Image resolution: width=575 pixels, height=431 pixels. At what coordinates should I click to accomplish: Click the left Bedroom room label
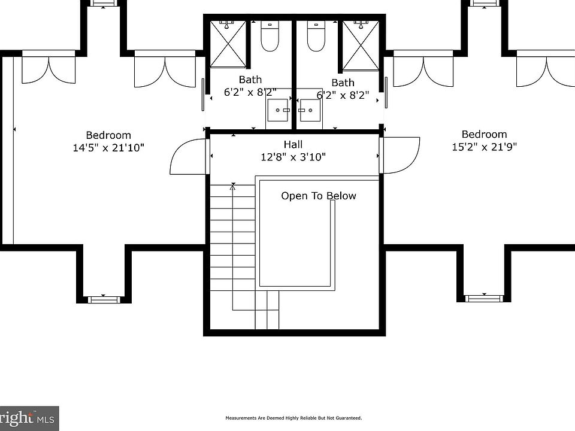(108, 135)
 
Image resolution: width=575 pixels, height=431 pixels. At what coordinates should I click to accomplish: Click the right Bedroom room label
(484, 134)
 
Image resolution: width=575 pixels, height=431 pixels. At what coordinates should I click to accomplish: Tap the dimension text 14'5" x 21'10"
(108, 148)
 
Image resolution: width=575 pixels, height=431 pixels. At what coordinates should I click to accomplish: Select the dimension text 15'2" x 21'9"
(484, 147)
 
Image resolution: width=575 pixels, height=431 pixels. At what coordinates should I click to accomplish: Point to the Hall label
(293, 144)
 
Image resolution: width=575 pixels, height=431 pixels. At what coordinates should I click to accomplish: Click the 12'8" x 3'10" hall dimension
(293, 157)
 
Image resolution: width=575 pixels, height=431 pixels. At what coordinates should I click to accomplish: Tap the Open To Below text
(318, 196)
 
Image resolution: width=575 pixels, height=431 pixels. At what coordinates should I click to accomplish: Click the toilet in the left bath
(270, 36)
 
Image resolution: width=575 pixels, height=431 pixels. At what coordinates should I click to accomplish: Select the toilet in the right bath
(316, 36)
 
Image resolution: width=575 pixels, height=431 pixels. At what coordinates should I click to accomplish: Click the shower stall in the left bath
(228, 44)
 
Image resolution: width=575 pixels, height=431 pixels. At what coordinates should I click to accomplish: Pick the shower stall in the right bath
(361, 45)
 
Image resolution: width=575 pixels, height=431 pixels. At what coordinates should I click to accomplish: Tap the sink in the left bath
(277, 110)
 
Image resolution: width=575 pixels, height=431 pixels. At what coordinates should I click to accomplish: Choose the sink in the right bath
(310, 110)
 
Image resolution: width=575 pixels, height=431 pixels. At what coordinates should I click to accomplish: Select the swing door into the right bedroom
(400, 155)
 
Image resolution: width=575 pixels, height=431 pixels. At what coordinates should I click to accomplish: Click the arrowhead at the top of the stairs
(233, 187)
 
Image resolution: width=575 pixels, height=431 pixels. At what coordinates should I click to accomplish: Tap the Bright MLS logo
(29, 418)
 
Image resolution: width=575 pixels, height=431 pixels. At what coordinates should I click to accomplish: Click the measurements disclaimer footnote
(293, 418)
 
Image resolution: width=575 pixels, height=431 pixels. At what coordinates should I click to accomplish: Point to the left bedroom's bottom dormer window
(104, 299)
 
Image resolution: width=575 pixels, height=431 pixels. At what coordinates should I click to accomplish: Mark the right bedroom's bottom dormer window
(484, 298)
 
